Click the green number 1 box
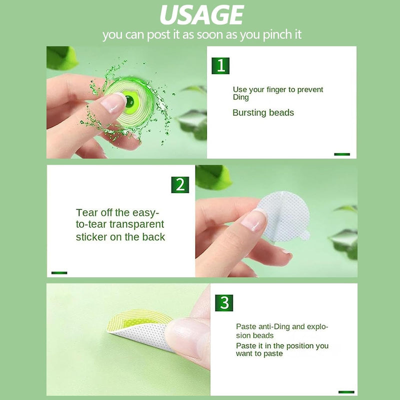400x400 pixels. coord(220,65)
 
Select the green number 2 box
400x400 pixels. coord(180,184)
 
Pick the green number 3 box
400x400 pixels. coord(224,303)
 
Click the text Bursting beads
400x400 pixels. coord(263,113)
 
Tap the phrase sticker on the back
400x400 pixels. coord(120,237)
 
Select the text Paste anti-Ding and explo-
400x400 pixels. coord(282,327)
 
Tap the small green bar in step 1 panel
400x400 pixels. coord(342,154)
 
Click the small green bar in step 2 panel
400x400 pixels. coord(59,272)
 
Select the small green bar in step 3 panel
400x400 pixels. coord(346,392)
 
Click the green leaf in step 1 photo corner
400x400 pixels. coord(61,57)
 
